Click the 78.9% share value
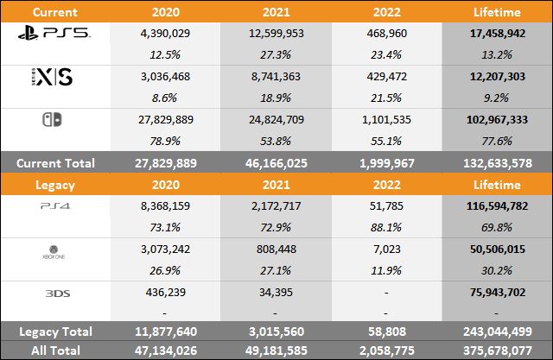[164, 139]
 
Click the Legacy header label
[32, 185]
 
